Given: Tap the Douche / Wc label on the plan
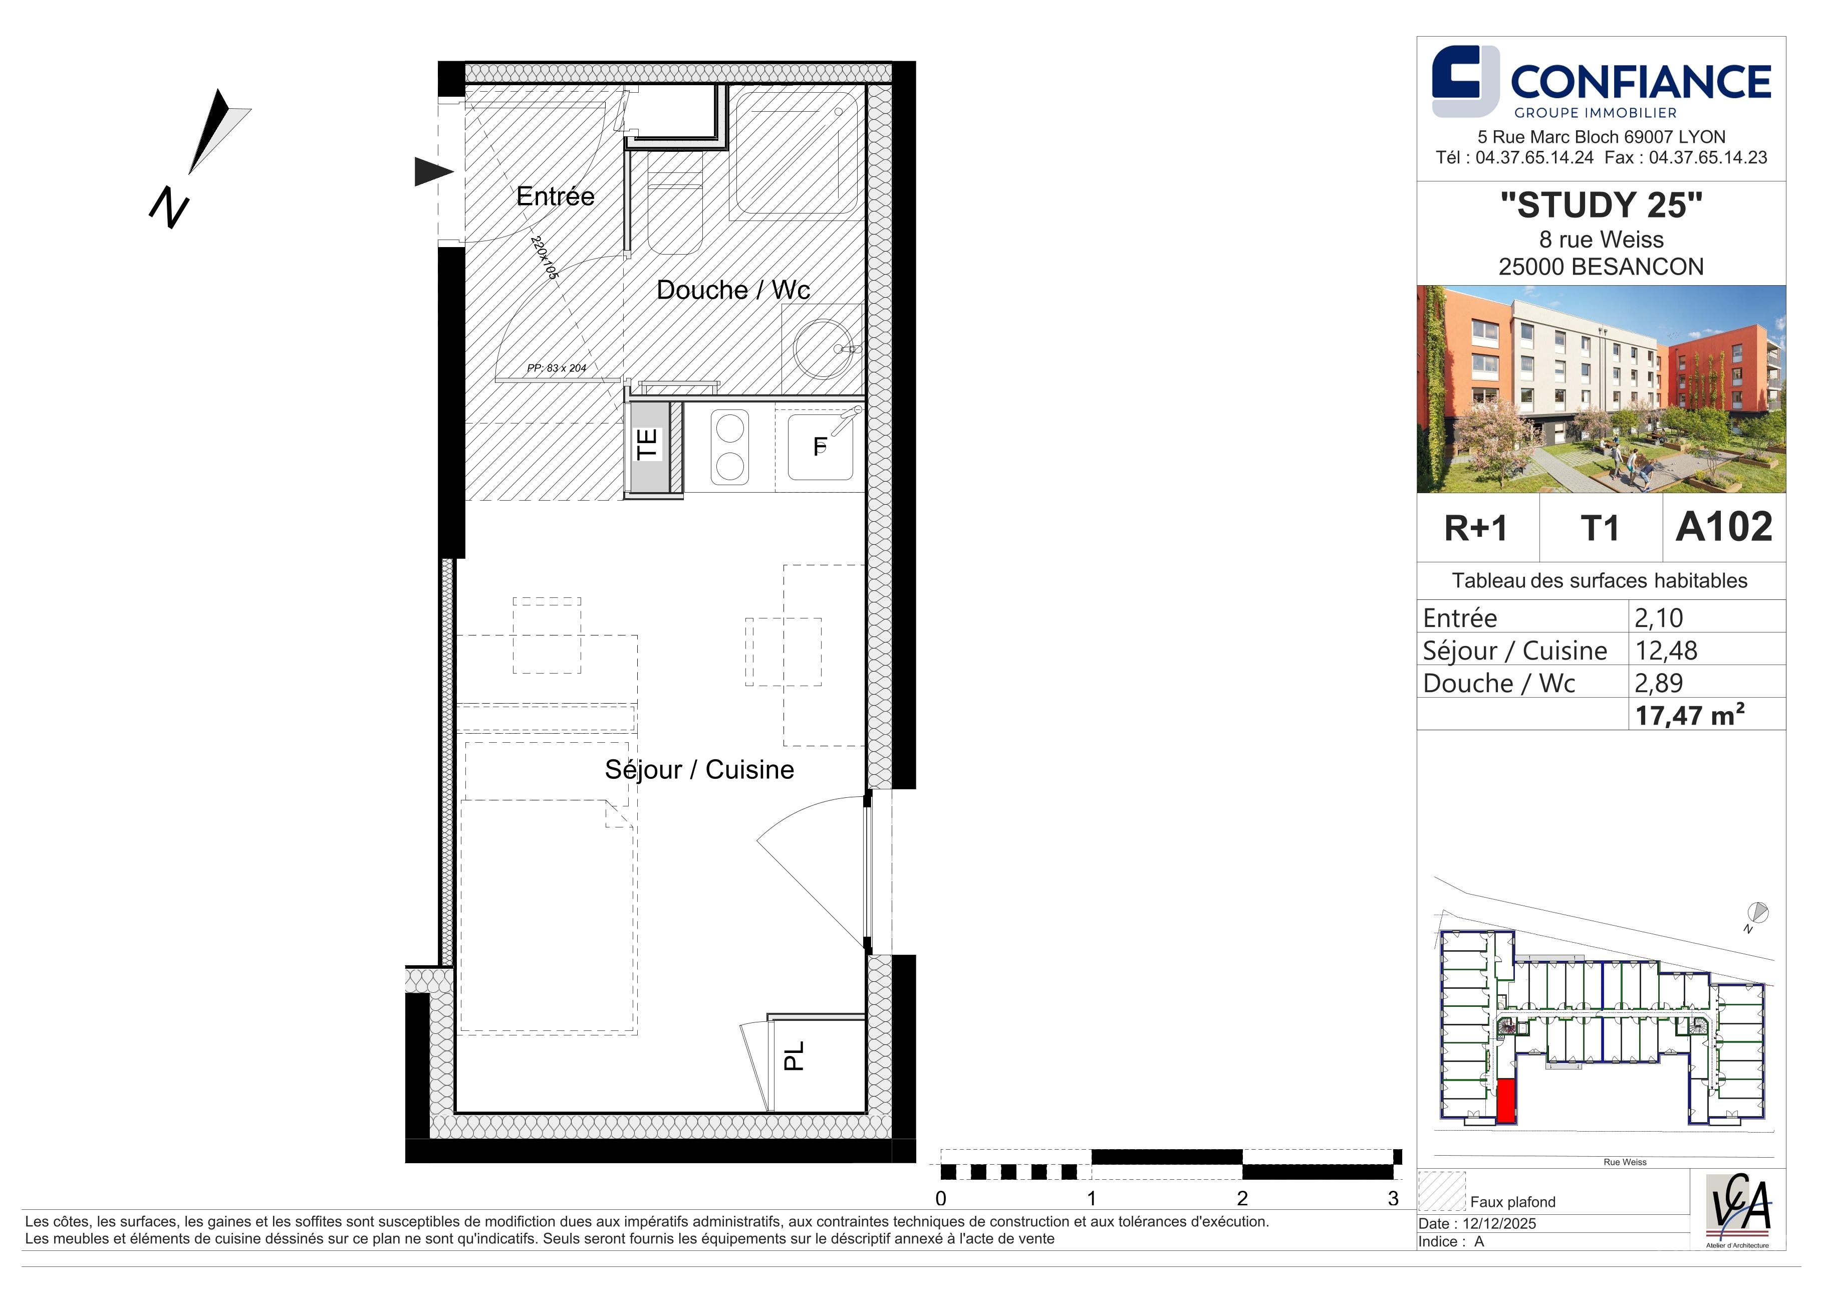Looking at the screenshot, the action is [733, 290].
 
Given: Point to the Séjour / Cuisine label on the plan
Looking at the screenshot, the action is [699, 769].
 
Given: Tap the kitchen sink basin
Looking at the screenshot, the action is [820, 447].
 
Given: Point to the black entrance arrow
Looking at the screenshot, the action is [434, 171].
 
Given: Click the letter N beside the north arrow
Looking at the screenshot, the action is [169, 208].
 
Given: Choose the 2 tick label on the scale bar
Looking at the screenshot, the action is [1242, 1198].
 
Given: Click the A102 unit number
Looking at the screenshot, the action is [1724, 527].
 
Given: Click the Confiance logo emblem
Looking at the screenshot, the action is [1465, 81].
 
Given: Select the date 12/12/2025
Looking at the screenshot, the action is [1500, 1223].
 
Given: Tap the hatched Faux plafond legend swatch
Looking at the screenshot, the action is [1441, 1191].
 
